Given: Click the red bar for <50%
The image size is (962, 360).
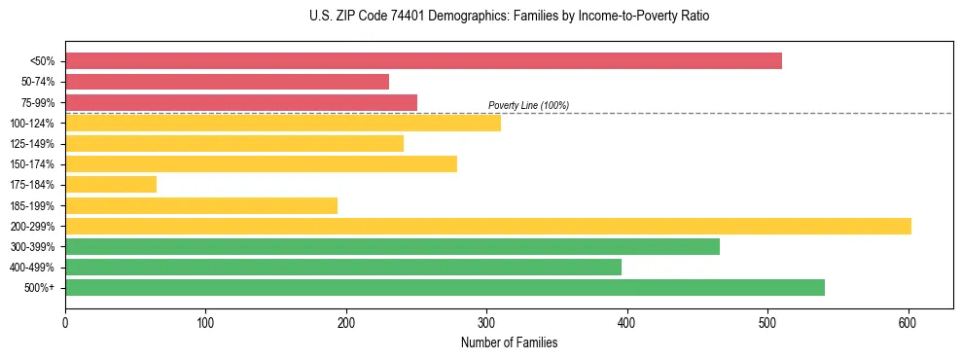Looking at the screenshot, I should click(423, 61).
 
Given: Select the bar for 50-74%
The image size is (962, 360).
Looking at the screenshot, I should click(227, 82).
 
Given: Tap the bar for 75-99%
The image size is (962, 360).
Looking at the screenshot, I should click(241, 102).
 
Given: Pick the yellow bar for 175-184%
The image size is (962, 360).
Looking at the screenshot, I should click(111, 184).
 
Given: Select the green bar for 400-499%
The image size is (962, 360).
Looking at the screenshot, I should click(343, 267).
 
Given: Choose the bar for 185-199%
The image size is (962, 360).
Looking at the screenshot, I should click(201, 205).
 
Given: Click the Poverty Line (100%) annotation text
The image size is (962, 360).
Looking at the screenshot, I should click(528, 105).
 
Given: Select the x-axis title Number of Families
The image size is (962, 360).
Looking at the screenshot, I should click(509, 342).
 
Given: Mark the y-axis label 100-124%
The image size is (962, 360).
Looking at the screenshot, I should click(32, 124).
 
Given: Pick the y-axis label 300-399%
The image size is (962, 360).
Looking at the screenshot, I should click(32, 247).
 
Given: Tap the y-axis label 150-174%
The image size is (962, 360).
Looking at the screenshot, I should click(32, 164).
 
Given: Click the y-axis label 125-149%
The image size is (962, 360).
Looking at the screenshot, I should click(32, 144).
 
